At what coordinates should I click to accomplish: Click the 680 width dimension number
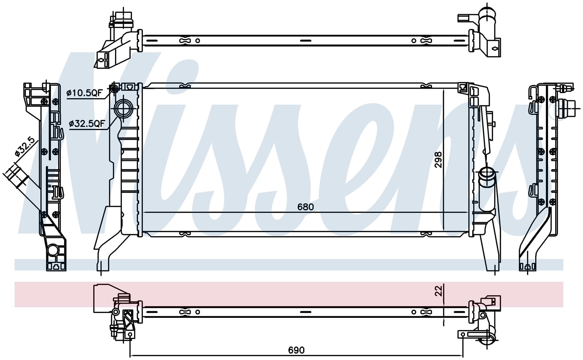(305, 207)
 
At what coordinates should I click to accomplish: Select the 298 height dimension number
(439, 159)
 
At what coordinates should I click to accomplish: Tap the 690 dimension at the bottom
(296, 350)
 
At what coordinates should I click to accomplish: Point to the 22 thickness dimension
(439, 291)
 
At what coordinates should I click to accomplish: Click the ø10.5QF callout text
(85, 92)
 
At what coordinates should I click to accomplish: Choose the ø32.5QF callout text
(87, 124)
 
